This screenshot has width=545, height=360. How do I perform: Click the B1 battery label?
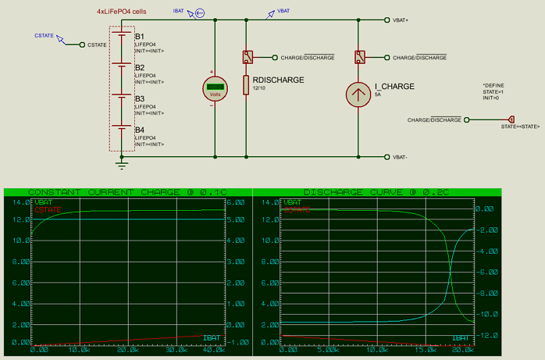click(140, 37)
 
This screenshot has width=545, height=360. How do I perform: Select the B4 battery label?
click(140, 130)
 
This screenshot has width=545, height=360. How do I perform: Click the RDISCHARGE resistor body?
click(246, 84)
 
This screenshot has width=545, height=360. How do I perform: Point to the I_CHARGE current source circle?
click(357, 94)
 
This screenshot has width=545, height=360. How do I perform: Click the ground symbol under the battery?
click(122, 163)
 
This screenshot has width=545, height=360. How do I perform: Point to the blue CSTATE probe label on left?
click(45, 36)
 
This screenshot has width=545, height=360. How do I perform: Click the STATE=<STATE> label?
click(520, 126)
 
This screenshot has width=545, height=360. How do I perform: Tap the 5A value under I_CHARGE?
click(378, 94)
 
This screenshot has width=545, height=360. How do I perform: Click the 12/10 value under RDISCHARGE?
click(259, 88)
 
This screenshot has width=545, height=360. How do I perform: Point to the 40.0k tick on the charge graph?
click(212, 350)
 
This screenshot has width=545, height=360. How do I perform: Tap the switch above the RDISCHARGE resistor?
click(247, 57)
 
